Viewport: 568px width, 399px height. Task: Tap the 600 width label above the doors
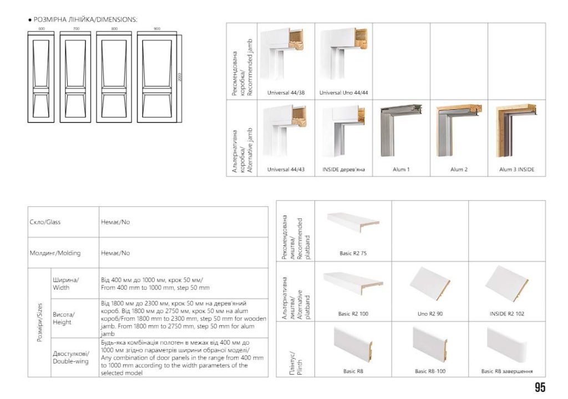pos(41,28)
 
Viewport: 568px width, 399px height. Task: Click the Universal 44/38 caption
pos(286,93)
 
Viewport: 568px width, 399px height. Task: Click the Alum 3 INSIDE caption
pos(516,170)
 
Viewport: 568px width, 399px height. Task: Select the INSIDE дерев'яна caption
pos(343,170)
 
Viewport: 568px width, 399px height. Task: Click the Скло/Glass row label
pos(45,222)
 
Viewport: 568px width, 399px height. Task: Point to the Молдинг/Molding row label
pos(55,253)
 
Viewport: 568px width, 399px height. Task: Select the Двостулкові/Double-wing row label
pos(70,357)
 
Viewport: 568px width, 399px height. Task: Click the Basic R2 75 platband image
pos(353,225)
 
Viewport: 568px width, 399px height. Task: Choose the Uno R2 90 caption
pos(430,314)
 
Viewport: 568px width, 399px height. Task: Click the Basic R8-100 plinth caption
pos(430,371)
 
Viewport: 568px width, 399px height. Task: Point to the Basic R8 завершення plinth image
pos(506,342)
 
